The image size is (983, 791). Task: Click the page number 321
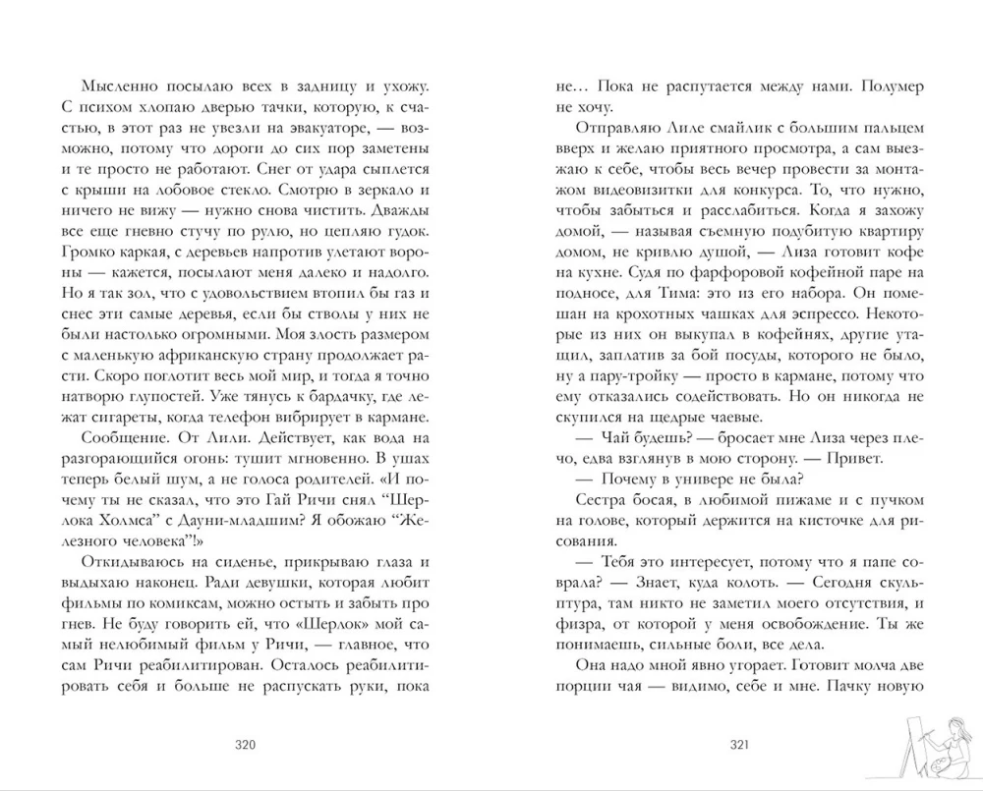[x=739, y=745]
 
